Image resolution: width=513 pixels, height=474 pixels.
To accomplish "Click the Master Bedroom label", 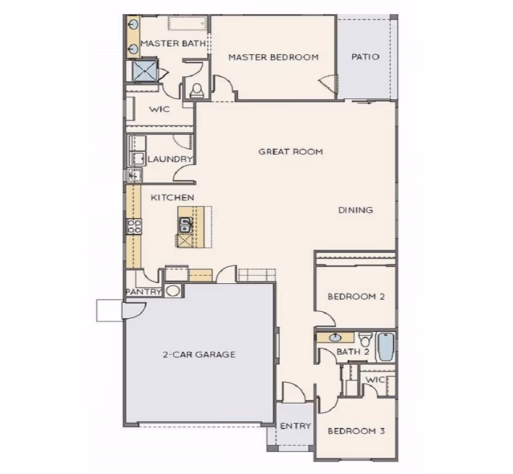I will point(273,57).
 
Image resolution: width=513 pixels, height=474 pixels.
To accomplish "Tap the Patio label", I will point(365,57).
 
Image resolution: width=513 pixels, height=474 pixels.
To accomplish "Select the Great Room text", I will point(291,152).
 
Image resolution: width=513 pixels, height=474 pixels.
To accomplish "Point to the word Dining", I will point(356,210).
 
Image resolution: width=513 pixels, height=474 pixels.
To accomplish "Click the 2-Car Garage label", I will point(199,355).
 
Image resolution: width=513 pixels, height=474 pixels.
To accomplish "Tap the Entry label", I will point(295,426).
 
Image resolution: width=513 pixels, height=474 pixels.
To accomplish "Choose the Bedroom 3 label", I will point(356,431).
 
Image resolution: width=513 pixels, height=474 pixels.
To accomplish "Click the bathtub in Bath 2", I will point(386,347).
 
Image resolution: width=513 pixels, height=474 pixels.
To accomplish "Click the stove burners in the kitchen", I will point(135,226).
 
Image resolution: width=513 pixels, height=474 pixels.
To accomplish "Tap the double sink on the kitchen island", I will point(185,224).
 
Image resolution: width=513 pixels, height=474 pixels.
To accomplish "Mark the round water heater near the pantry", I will point(173,291).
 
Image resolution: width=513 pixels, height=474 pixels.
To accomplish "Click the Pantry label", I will point(144,292).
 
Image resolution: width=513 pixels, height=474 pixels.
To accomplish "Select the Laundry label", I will point(170,159).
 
